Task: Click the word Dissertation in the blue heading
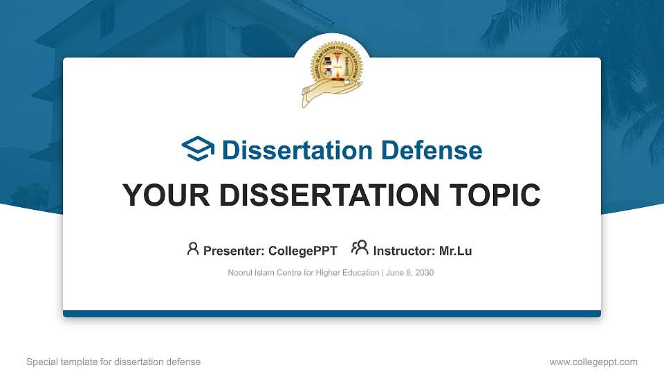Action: [288, 150]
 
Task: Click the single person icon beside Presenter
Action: [193, 249]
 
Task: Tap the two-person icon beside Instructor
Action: [360, 249]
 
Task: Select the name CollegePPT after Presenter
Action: [303, 251]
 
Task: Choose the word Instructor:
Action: [405, 251]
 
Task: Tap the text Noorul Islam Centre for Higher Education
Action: [303, 273]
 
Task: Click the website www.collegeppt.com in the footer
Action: [593, 362]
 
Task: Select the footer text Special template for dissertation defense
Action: [113, 362]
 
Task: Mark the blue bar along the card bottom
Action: [332, 314]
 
